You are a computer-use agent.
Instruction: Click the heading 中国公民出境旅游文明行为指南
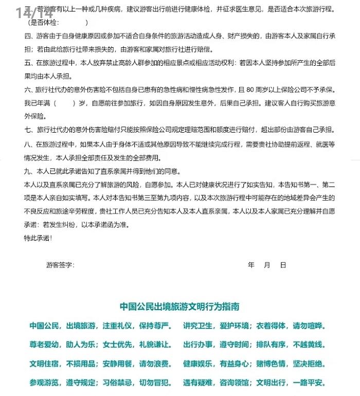click(x=179, y=307)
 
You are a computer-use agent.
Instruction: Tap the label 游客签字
click(x=60, y=265)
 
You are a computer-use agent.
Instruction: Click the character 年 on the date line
click(x=251, y=265)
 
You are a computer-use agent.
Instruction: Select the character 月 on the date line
click(x=267, y=265)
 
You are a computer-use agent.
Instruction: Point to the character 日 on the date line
click(x=283, y=265)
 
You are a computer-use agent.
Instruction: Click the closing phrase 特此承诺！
click(x=38, y=238)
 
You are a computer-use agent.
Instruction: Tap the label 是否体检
click(x=44, y=23)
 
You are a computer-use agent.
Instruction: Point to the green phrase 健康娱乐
click(x=198, y=364)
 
